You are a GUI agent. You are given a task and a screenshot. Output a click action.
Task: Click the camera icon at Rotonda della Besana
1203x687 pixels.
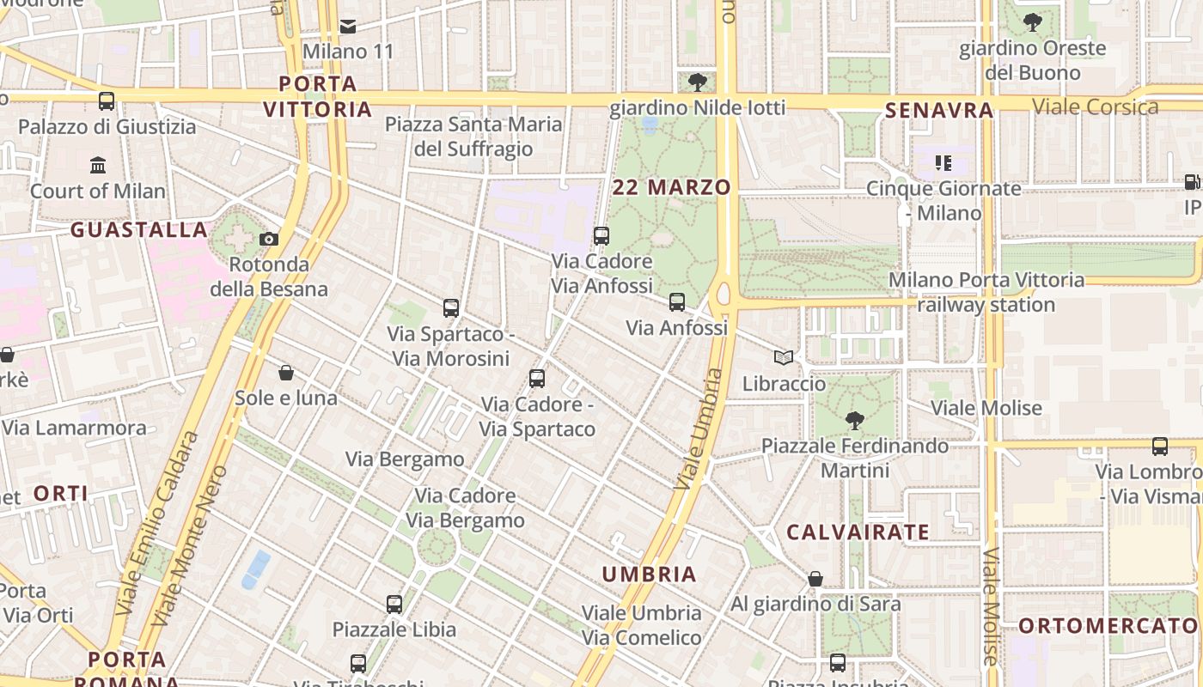coord(269,239)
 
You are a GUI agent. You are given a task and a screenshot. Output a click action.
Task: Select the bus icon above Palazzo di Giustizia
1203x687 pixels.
coord(107,101)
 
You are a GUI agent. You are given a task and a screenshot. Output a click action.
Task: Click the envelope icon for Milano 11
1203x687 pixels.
coord(348,27)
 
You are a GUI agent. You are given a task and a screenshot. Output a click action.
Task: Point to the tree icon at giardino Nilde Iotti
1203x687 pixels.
coord(698,82)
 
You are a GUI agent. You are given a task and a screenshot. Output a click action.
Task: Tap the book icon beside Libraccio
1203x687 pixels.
coord(783,357)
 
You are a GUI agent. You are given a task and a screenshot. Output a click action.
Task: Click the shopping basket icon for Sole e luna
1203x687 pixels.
coord(286,373)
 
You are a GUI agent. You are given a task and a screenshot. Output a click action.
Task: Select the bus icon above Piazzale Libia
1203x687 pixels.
coord(394,604)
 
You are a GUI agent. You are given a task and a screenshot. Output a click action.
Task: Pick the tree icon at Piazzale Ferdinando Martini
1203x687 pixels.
coord(854,420)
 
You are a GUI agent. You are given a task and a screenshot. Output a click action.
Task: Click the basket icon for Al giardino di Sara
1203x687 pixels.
coord(815,579)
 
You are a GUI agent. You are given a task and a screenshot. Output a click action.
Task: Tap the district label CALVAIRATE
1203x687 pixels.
coord(858,532)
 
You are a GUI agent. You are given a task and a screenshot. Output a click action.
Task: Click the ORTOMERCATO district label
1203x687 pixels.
coord(1108,626)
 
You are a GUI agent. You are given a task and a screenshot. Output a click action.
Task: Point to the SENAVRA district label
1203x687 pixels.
coord(939,110)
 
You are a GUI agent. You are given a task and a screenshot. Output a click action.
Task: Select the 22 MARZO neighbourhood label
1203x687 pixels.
coord(672,187)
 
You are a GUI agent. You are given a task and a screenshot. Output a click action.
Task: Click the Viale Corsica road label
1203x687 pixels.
coord(1095,106)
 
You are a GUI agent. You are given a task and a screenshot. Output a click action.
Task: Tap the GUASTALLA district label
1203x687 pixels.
coord(139,230)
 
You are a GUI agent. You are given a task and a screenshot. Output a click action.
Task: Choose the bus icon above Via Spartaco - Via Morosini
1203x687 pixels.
coord(451,307)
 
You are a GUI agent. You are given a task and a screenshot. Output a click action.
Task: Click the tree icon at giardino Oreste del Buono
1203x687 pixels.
coord(1032,22)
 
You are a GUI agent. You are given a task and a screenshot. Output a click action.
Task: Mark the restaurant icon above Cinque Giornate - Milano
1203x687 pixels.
coord(943,163)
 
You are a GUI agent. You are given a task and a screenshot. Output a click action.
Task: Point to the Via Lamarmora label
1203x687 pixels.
coord(75,428)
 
